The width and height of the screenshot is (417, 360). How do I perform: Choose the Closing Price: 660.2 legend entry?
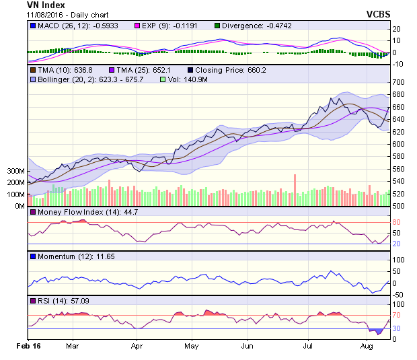point(226,69)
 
